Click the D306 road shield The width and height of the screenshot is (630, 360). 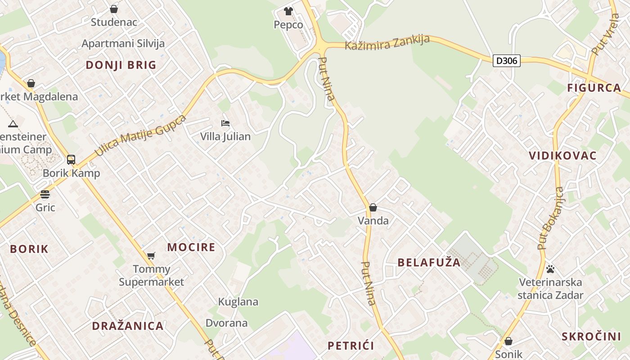click(507, 61)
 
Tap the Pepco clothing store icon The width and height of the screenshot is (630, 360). click(288, 11)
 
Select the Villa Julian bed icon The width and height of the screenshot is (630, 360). click(225, 123)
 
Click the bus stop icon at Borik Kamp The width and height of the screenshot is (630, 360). click(71, 160)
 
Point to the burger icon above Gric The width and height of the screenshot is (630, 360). click(45, 194)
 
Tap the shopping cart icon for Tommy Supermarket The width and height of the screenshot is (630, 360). click(151, 256)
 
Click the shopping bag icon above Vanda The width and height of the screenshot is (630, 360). click(373, 207)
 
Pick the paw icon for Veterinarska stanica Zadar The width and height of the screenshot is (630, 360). click(550, 269)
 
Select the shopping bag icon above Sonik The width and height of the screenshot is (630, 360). click(508, 341)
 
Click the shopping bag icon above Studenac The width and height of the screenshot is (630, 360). click(114, 9)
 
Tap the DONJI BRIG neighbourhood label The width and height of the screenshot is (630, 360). click(121, 65)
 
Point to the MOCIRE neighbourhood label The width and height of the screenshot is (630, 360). click(191, 247)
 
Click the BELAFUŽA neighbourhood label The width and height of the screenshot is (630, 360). click(429, 262)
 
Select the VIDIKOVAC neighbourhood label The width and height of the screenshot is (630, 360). click(562, 156)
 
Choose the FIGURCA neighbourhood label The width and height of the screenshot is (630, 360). click(594, 88)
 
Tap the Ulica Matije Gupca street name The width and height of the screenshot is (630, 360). click(140, 135)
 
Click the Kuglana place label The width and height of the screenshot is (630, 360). click(238, 301)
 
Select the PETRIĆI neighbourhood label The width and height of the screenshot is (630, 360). click(351, 346)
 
